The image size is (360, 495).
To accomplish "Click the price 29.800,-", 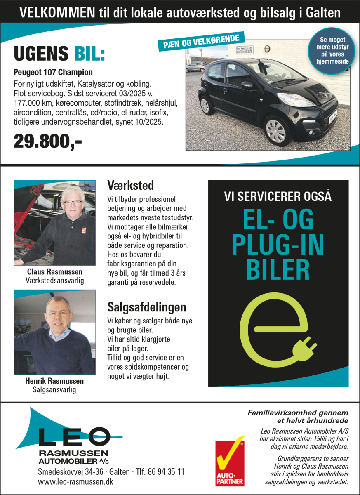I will (48, 141).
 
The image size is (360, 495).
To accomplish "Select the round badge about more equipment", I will (334, 51).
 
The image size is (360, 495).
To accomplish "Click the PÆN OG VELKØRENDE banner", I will (201, 42).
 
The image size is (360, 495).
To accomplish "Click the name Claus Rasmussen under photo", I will (54, 272).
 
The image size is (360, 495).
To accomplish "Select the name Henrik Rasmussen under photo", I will (54, 381).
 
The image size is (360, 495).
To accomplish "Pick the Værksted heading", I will (130, 184).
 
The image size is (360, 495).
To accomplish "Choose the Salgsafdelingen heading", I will (146, 307).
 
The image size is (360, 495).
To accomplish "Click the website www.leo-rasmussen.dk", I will (75, 481).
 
